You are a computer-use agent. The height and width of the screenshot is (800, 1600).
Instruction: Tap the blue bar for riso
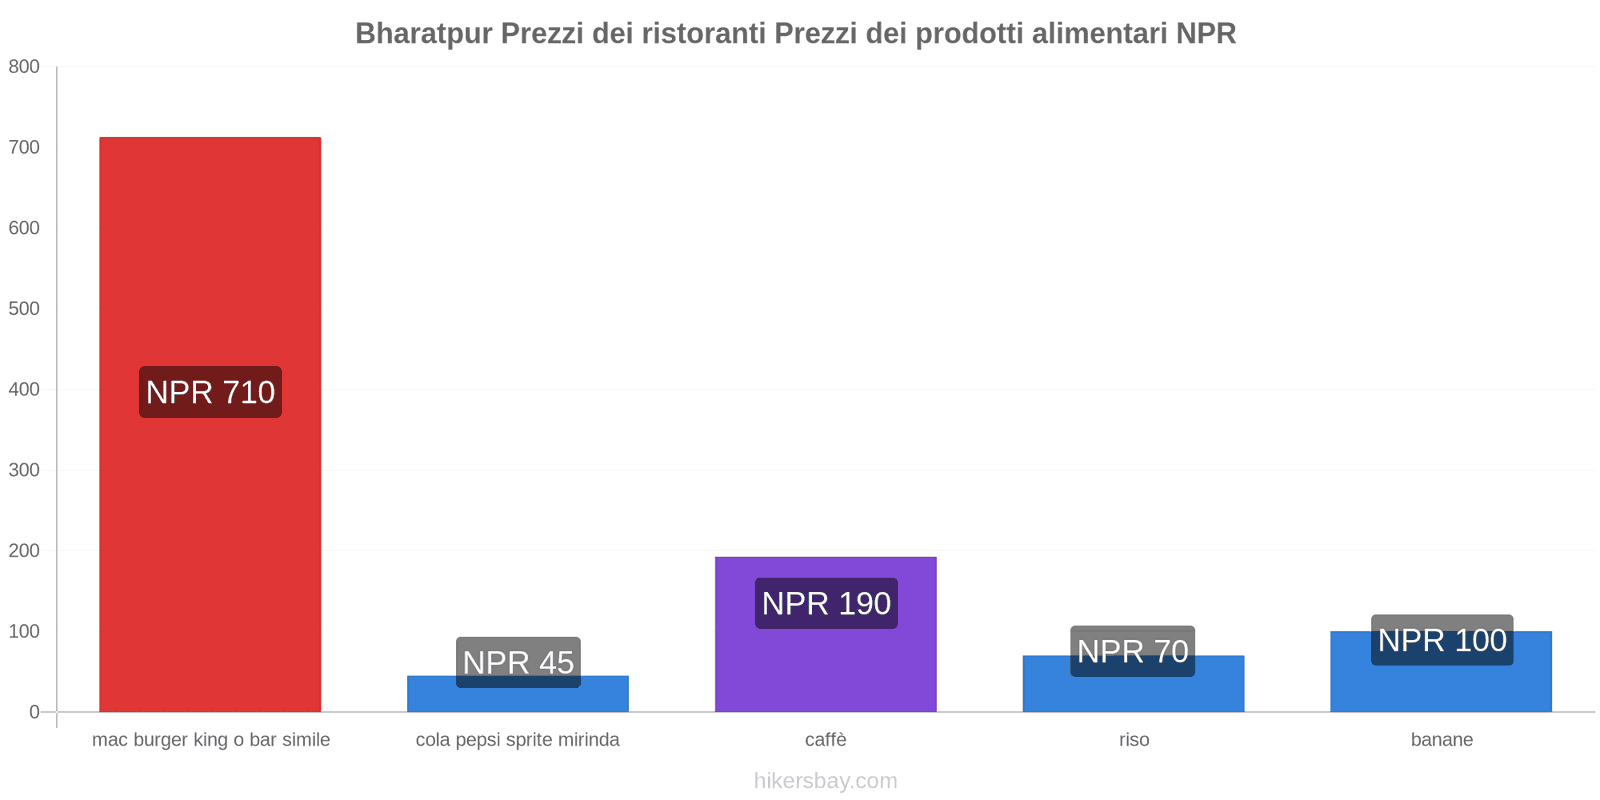click(x=1133, y=694)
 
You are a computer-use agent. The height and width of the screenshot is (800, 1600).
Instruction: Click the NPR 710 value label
click(x=210, y=392)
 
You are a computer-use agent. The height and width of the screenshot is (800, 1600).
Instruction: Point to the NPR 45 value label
click(x=518, y=662)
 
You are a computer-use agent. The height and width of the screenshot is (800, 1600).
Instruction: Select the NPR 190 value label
click(x=826, y=604)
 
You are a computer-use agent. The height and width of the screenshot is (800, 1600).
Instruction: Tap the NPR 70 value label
click(x=1133, y=651)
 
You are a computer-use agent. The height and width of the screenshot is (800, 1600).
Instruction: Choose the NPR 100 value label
click(x=1442, y=640)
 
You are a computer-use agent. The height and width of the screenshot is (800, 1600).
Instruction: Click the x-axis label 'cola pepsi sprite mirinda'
click(x=518, y=740)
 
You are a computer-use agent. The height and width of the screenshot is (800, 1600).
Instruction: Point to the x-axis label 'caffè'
click(x=826, y=740)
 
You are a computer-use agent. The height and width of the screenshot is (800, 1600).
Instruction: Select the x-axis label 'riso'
click(x=1134, y=740)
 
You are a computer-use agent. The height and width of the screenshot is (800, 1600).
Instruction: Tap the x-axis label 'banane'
click(x=1442, y=740)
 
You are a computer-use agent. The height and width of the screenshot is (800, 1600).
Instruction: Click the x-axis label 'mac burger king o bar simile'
click(x=211, y=740)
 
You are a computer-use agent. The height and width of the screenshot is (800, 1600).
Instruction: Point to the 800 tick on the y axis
click(x=24, y=67)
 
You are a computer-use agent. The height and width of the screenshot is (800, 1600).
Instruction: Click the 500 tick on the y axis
click(x=24, y=309)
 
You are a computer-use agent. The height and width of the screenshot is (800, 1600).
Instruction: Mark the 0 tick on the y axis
click(x=34, y=712)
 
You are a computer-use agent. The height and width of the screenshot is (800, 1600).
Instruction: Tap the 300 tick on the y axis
click(x=24, y=470)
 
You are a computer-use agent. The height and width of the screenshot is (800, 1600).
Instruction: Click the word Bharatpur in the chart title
click(x=424, y=34)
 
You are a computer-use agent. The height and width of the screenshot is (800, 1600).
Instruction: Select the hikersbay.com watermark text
click(x=826, y=781)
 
